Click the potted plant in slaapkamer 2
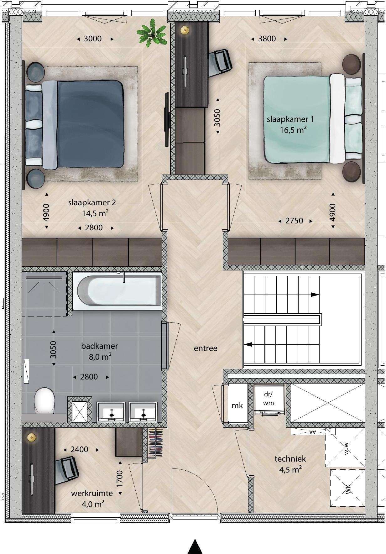pos(152,33)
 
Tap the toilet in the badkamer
pos(44,401)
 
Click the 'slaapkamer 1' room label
pos(290,119)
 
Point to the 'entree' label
pos(206,348)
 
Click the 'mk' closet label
pos(237,405)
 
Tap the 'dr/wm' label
pos(269,399)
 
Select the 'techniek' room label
pos(290,459)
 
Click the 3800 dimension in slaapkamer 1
pos(267,39)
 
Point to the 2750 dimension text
pos(294,221)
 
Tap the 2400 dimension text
pos(79,449)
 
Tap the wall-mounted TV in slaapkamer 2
pos(167,119)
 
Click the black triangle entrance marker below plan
pos(195,546)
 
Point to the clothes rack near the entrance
pos(155,443)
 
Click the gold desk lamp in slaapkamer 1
pos(185,30)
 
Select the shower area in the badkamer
pos(44,294)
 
